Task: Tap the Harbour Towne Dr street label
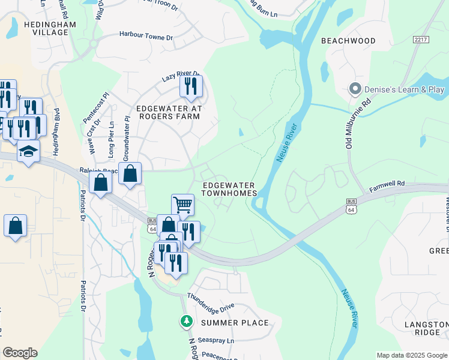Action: pyautogui.click(x=146, y=37)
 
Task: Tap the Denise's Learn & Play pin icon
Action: pyautogui.click(x=355, y=89)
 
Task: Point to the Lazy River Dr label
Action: pyautogui.click(x=181, y=77)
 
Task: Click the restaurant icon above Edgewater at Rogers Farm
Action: pyautogui.click(x=191, y=86)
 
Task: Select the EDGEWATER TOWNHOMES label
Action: pyautogui.click(x=229, y=189)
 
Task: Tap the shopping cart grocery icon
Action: pyautogui.click(x=182, y=205)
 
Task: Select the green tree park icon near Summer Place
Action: pyautogui.click(x=187, y=322)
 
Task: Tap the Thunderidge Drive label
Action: pyautogui.click(x=210, y=301)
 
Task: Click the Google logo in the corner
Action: pyautogui.click(x=20, y=353)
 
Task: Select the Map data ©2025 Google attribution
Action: pyautogui.click(x=411, y=355)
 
